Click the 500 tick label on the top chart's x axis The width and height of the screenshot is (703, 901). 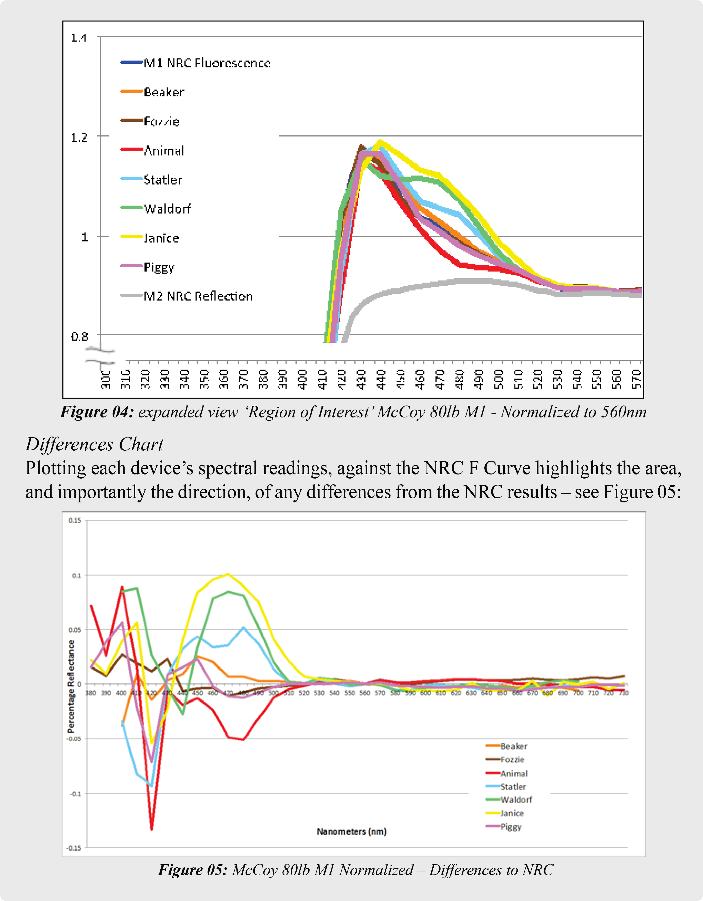coord(499,379)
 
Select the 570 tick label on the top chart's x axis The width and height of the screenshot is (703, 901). coord(637,379)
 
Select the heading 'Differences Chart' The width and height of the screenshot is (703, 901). coord(94,445)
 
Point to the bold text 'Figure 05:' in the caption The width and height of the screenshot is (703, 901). coord(193,870)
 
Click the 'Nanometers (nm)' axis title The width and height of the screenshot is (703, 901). coord(351,831)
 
